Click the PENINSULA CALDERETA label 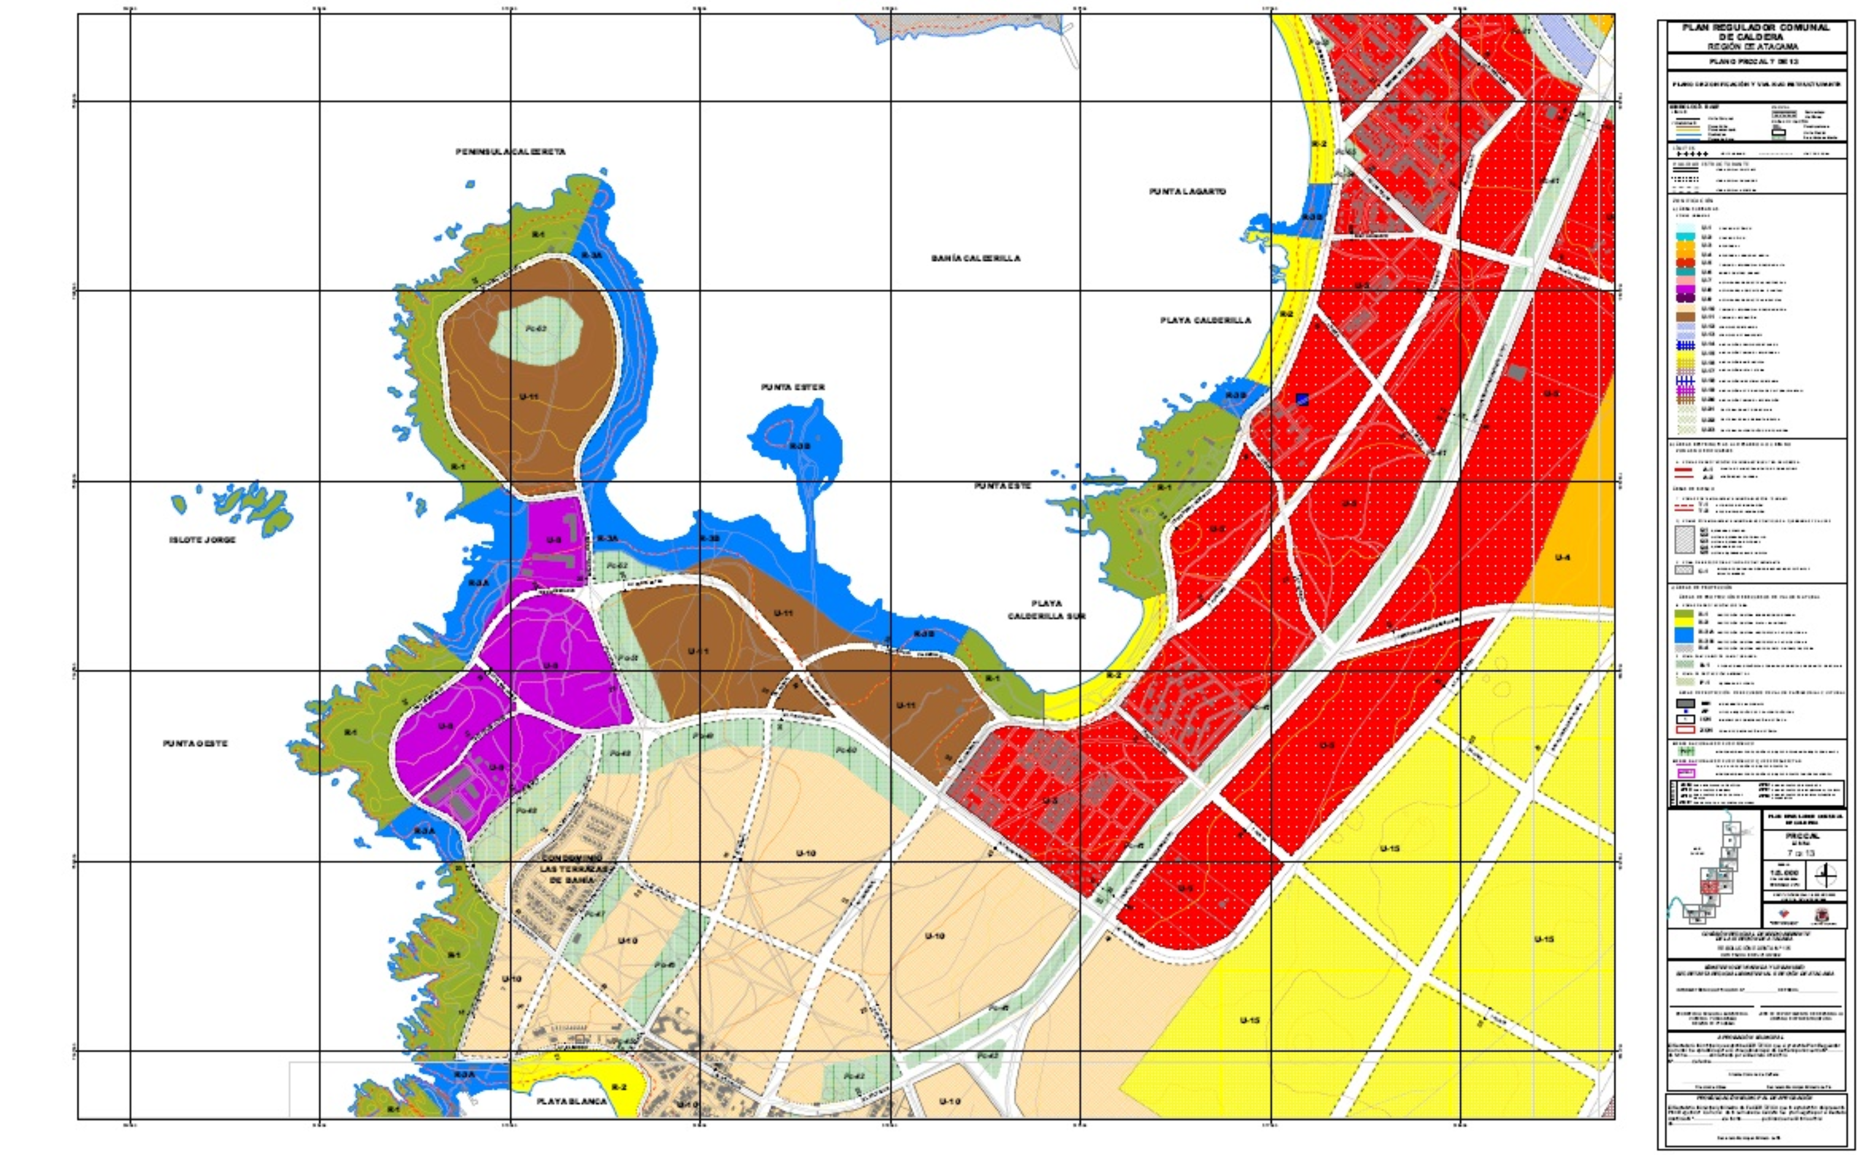(511, 152)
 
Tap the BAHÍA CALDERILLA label (975, 258)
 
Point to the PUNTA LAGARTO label (1187, 192)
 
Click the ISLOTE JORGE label (202, 540)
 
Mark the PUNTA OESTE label (195, 743)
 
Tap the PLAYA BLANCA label (572, 1102)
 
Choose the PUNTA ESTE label (1002, 486)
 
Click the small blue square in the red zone (1302, 399)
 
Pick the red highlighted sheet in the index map (1710, 886)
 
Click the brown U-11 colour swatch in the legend (1678, 316)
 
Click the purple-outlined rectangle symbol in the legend (1678, 773)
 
